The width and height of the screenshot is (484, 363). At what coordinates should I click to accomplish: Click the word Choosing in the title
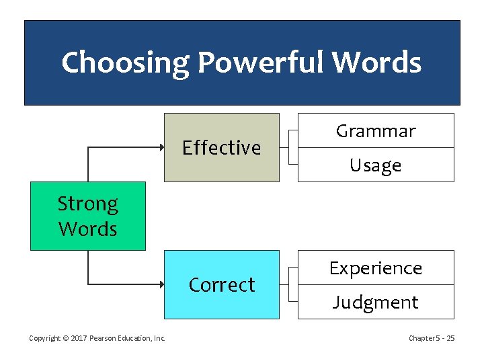[x=126, y=63]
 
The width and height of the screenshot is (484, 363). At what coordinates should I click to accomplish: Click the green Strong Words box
[x=87, y=216]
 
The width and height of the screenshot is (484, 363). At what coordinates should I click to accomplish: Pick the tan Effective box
[x=222, y=147]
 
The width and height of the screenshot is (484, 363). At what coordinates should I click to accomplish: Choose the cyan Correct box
[x=222, y=284]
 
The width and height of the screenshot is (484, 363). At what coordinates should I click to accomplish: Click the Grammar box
[x=376, y=131]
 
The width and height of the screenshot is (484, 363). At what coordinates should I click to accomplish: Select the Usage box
[x=376, y=165]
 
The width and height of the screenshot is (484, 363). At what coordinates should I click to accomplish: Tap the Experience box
[x=376, y=268]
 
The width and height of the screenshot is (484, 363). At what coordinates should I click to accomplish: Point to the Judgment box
[x=376, y=302]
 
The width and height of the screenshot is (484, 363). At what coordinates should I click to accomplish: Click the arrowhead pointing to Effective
[x=160, y=147]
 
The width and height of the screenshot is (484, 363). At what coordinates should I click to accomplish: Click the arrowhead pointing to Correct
[x=160, y=284]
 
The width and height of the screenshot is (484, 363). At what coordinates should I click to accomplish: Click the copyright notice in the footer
[x=97, y=338]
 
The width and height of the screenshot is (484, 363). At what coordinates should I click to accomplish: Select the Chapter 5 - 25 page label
[x=432, y=338]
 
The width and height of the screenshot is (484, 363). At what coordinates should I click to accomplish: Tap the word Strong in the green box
[x=87, y=203]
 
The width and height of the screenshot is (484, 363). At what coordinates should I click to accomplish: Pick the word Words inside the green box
[x=87, y=229]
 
